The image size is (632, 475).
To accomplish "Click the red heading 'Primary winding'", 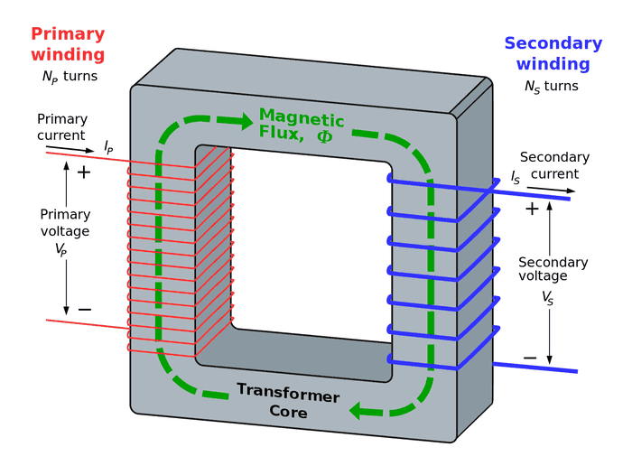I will point(68,44).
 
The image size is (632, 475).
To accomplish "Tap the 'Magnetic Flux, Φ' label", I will point(302,126).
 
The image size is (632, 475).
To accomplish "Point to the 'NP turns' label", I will point(70,77).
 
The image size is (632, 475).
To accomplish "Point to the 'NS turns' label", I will point(551,87).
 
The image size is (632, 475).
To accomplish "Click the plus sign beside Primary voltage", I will point(84,172).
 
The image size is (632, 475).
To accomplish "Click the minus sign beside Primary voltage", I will point(84,310).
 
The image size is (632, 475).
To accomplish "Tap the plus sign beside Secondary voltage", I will point(532,209).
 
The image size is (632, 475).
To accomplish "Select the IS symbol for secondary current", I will point(516,179).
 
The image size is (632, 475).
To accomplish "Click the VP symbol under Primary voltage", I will point(61,248).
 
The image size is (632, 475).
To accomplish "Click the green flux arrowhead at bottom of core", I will point(363,410).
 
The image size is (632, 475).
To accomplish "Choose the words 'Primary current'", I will point(62,126).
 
